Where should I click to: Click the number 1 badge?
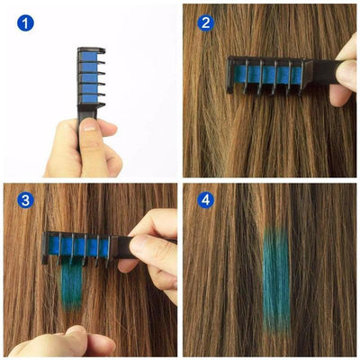[x=25, y=22]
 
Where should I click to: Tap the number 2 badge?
[x=206, y=22]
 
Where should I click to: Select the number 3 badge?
[x=25, y=200]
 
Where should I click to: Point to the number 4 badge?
[x=206, y=200]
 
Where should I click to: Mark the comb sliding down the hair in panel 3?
[x=90, y=247]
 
